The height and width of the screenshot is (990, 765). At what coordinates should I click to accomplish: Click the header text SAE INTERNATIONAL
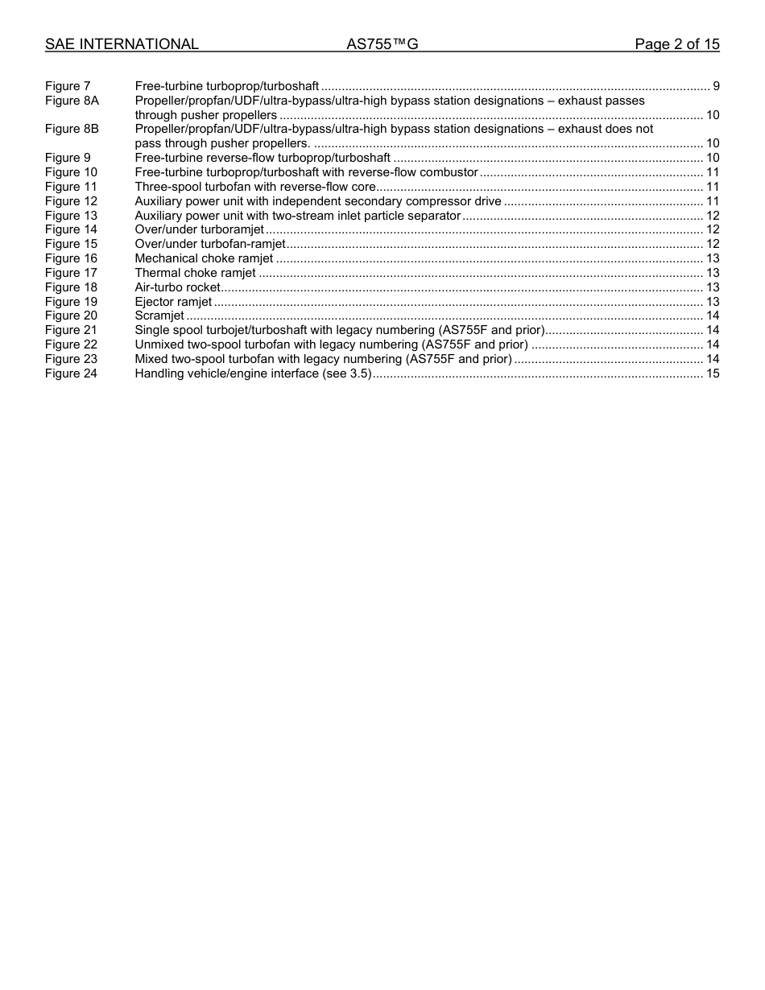point(122,44)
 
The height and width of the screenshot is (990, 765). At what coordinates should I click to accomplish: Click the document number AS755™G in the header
point(382,44)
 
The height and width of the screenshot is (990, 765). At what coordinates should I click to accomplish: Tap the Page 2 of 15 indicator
point(676,44)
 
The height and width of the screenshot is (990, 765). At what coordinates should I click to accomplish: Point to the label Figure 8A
point(72,101)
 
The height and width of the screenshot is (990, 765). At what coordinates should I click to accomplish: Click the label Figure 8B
point(72,129)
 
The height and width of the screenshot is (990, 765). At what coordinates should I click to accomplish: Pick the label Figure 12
point(71,201)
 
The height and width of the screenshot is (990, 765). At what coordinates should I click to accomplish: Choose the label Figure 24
point(71,373)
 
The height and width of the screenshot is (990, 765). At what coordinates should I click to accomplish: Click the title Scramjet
point(159,316)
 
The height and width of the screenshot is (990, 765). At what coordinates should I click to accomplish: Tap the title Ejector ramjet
point(173,302)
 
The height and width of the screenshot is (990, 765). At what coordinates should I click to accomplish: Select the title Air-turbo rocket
point(177,287)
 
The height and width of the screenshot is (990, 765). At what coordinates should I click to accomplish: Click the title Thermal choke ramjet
point(195,273)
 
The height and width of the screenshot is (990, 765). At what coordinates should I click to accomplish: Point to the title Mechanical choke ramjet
point(204,258)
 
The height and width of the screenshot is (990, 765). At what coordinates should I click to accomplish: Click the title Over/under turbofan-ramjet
point(210,244)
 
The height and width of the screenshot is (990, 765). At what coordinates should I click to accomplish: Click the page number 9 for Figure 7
point(716,86)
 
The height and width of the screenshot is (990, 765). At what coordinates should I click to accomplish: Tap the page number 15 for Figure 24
point(713,373)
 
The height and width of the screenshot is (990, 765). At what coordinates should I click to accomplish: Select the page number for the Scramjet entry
point(713,316)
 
